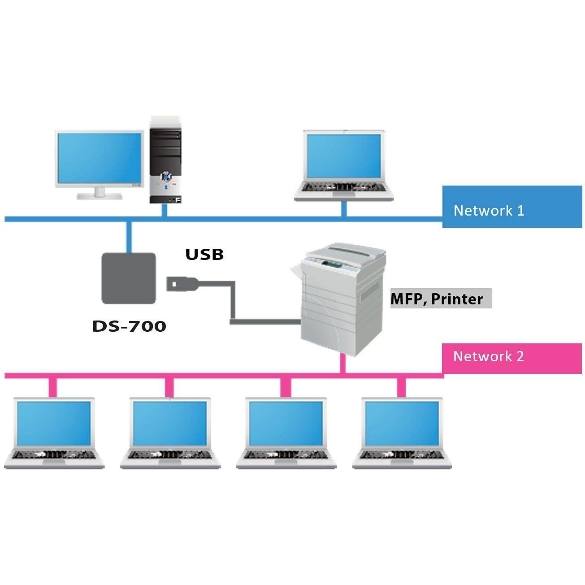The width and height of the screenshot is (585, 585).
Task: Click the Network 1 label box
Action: pyautogui.click(x=511, y=207)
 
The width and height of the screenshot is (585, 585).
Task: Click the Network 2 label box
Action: pyautogui.click(x=511, y=358)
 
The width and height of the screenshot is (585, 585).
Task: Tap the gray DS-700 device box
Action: pyautogui.click(x=129, y=278)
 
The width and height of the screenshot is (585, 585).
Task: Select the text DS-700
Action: pyautogui.click(x=129, y=326)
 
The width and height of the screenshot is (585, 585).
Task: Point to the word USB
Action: pyautogui.click(x=204, y=254)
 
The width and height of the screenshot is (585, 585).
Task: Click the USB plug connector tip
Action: pyautogui.click(x=174, y=284)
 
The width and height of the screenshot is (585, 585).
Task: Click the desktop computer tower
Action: pyautogui.click(x=165, y=160)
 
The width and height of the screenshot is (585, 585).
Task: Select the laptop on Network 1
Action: pyautogui.click(x=343, y=165)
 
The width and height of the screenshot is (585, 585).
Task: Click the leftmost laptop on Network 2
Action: pyautogui.click(x=54, y=433)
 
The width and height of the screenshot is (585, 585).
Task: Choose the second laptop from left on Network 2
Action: pyautogui.click(x=170, y=433)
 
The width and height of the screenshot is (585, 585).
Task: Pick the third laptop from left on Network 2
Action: pyautogui.click(x=286, y=433)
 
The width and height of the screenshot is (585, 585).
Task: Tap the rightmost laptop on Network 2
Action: pyautogui.click(x=402, y=433)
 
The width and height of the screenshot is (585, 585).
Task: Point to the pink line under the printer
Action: pyautogui.click(x=343, y=364)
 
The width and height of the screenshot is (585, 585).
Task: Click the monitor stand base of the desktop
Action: pyautogui.click(x=99, y=196)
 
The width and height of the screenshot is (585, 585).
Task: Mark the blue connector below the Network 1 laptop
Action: pyautogui.click(x=344, y=209)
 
